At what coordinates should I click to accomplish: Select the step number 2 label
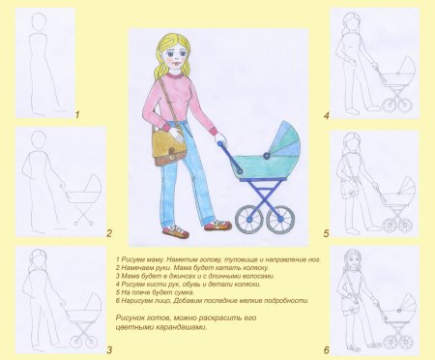pos(108,233)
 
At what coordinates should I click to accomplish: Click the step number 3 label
pos(108,349)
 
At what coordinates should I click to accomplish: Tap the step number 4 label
pos(326,115)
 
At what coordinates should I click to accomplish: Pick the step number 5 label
pos(326,233)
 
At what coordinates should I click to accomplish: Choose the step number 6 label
pos(326,349)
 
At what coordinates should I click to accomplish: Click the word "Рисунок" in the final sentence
pos(130,317)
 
